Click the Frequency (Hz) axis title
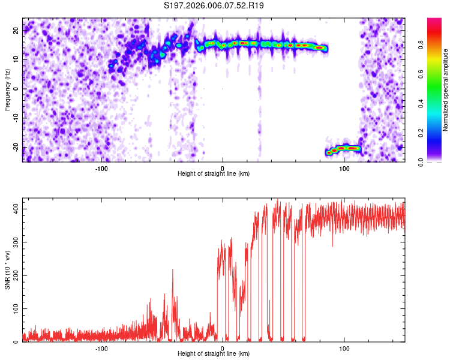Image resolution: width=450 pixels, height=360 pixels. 7,89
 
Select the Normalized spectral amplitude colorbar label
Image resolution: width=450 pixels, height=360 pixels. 446,89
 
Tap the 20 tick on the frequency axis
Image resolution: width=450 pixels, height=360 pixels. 16,30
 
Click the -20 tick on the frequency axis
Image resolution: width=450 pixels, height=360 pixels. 14,148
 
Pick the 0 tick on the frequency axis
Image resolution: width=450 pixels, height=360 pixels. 18,89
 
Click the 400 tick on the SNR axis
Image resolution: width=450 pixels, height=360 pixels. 13,208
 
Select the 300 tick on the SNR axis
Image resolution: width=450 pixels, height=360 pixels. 13,242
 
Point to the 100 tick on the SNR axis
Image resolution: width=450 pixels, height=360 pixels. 13,308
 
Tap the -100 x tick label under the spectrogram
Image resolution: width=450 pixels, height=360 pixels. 101,168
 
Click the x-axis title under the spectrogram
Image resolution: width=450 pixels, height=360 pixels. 214,174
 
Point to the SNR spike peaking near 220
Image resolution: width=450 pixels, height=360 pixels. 173,271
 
